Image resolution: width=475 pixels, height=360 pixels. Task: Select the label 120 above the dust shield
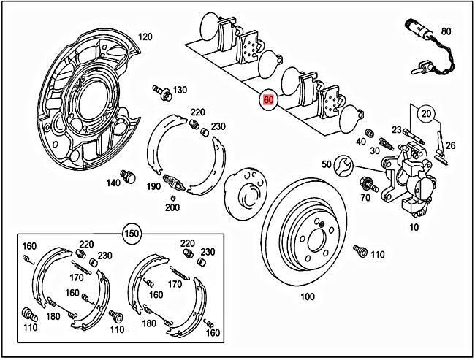[145, 37]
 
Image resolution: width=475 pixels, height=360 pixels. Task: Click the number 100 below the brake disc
[307, 297]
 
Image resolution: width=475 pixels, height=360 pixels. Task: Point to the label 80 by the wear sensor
[446, 31]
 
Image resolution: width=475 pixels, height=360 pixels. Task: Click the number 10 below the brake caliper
[415, 227]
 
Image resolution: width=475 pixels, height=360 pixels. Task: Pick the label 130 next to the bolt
[180, 90]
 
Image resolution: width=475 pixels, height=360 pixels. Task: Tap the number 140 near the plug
[113, 183]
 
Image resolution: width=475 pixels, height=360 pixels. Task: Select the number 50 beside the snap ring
[327, 164]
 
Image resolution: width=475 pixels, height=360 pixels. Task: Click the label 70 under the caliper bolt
[365, 197]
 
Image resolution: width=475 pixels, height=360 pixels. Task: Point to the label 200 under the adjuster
[172, 207]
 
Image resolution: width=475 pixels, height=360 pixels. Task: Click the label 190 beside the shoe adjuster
[153, 187]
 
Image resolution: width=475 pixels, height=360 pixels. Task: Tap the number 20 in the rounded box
[426, 113]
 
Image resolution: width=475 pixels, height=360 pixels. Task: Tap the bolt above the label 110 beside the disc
[359, 250]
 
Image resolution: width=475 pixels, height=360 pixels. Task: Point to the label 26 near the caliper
[450, 145]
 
